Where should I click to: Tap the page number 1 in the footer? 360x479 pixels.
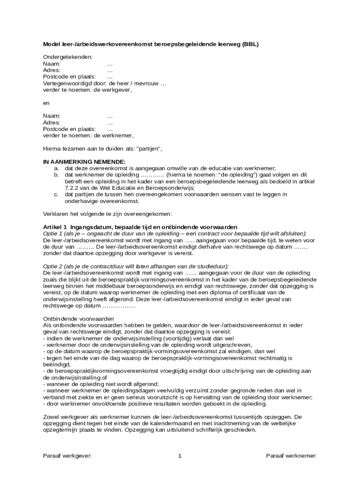180,456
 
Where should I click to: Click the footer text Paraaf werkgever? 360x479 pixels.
67,456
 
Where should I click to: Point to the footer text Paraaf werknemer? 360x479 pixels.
292,456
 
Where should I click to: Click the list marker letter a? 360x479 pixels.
56,168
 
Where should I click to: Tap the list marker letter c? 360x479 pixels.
56,195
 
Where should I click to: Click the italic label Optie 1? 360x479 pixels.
53,233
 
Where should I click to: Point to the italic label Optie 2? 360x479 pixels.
53,266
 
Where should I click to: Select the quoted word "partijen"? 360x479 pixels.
149,149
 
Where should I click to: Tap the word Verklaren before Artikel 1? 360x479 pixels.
55,214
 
